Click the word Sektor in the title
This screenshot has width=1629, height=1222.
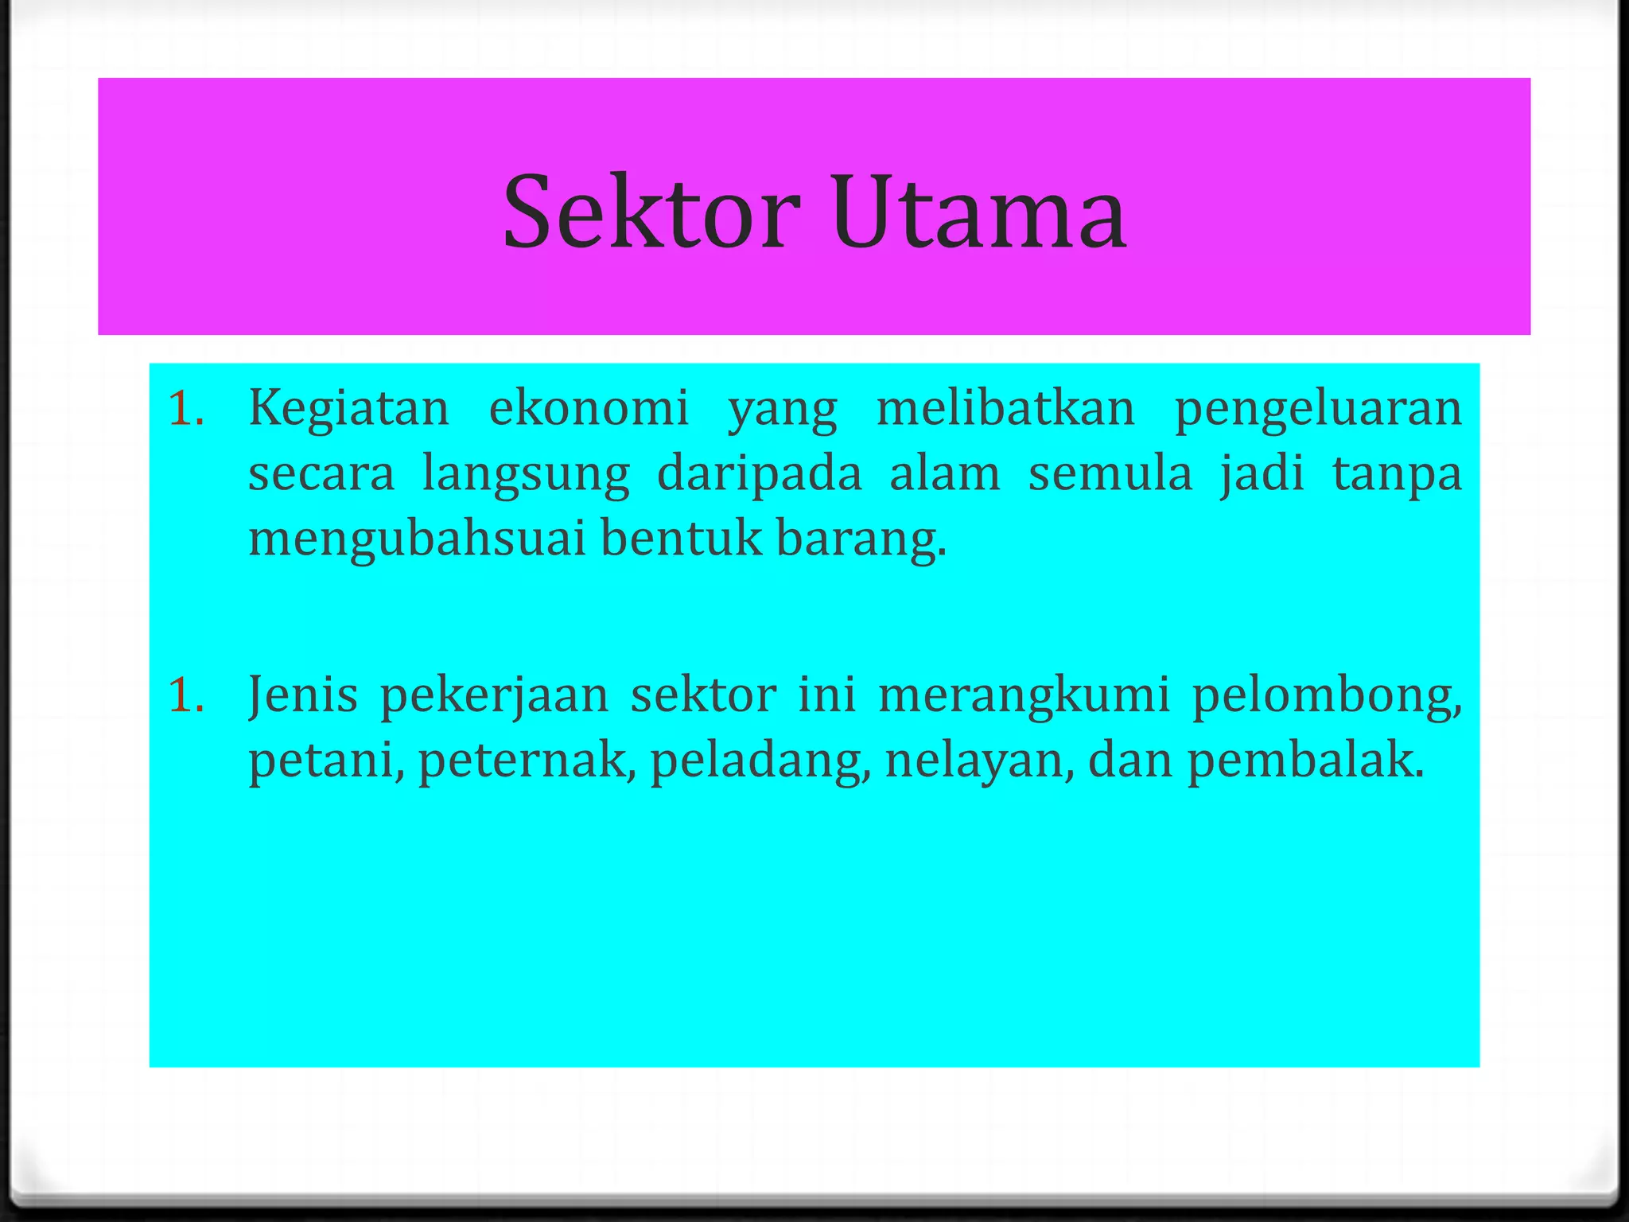[x=651, y=212]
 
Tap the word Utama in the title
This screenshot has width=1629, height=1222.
[x=980, y=212]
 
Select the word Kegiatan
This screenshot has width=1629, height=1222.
[x=349, y=409]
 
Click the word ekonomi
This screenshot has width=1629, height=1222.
[x=589, y=409]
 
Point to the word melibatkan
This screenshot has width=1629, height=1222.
[x=1005, y=409]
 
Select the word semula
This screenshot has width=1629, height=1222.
[x=1110, y=474]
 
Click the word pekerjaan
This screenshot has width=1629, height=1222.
[x=494, y=697]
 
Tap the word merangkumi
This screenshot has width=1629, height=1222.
[x=1024, y=697]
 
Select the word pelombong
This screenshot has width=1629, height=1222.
[x=1326, y=697]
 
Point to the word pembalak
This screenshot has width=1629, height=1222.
[x=1304, y=761]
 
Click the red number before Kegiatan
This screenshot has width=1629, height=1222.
[x=185, y=409]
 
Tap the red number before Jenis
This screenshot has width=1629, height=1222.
[x=185, y=695]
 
